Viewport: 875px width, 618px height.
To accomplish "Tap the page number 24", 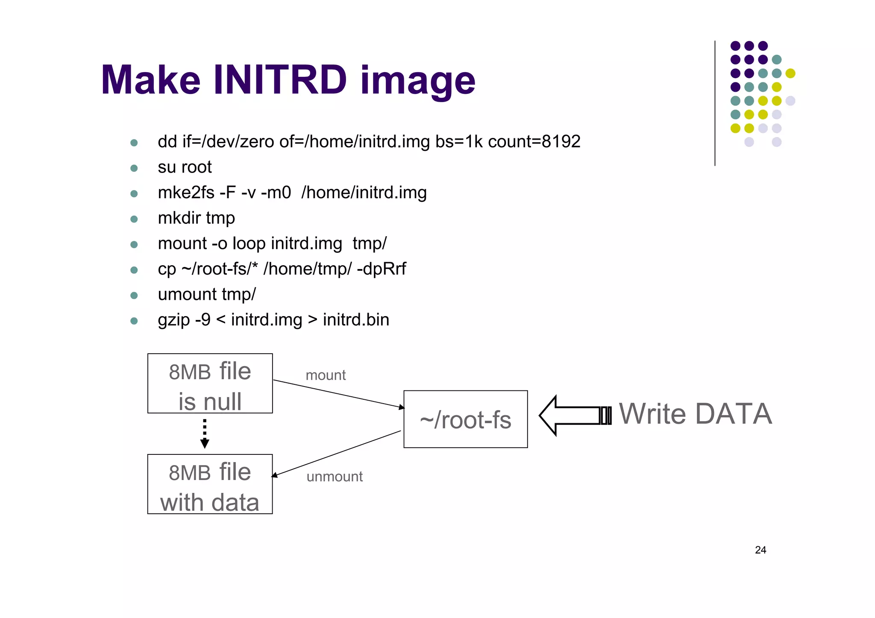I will (x=760, y=550).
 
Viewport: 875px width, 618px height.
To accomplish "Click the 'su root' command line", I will (x=185, y=167).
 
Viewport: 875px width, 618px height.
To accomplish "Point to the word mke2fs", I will (x=186, y=193).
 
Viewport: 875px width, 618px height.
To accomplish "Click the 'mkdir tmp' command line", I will (x=196, y=218).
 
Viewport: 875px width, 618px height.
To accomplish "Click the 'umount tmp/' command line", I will (x=207, y=295).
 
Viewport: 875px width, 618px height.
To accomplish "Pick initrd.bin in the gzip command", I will (x=356, y=320).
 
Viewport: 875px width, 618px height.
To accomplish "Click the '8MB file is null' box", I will (x=210, y=384).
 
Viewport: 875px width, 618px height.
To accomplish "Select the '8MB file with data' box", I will (x=210, y=484).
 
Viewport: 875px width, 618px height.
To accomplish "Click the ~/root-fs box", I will (x=465, y=419).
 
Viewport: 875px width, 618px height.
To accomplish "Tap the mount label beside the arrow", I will (x=326, y=375).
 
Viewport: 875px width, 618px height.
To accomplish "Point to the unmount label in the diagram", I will (x=335, y=477).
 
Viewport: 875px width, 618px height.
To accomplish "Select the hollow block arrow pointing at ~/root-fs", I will (x=573, y=415).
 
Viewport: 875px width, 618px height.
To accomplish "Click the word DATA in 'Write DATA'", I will (x=733, y=414).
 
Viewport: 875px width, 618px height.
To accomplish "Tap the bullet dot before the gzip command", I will (x=134, y=321).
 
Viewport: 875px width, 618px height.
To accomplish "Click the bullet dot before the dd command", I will (x=134, y=143).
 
